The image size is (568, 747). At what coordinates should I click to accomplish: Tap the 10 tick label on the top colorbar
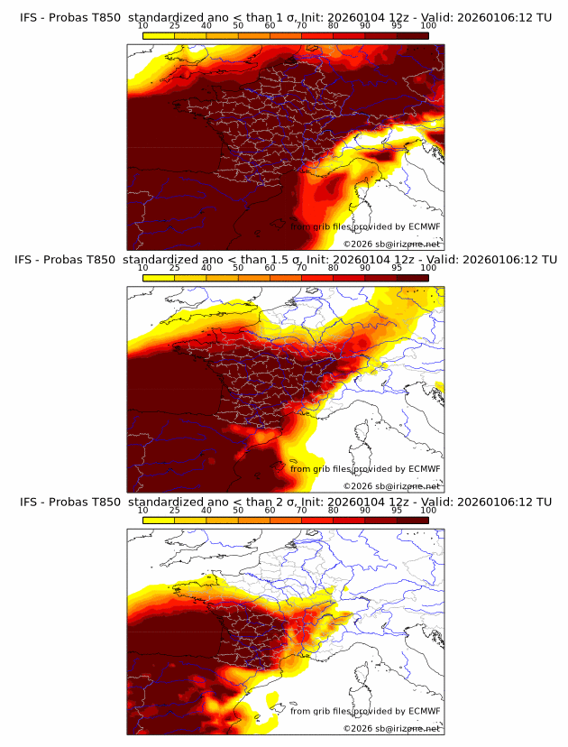142,26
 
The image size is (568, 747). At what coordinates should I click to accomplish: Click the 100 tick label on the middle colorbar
428,268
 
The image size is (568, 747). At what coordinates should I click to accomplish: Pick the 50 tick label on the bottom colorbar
238,510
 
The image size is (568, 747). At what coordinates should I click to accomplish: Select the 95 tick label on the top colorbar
397,26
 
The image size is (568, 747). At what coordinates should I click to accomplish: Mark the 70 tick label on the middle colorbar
302,268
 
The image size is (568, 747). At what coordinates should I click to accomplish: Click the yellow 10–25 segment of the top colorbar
159,35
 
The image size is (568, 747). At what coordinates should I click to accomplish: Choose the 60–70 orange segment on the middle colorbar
286,278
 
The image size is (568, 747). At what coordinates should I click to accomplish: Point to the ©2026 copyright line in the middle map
391,485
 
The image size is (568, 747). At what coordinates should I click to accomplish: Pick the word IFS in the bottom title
29,502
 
